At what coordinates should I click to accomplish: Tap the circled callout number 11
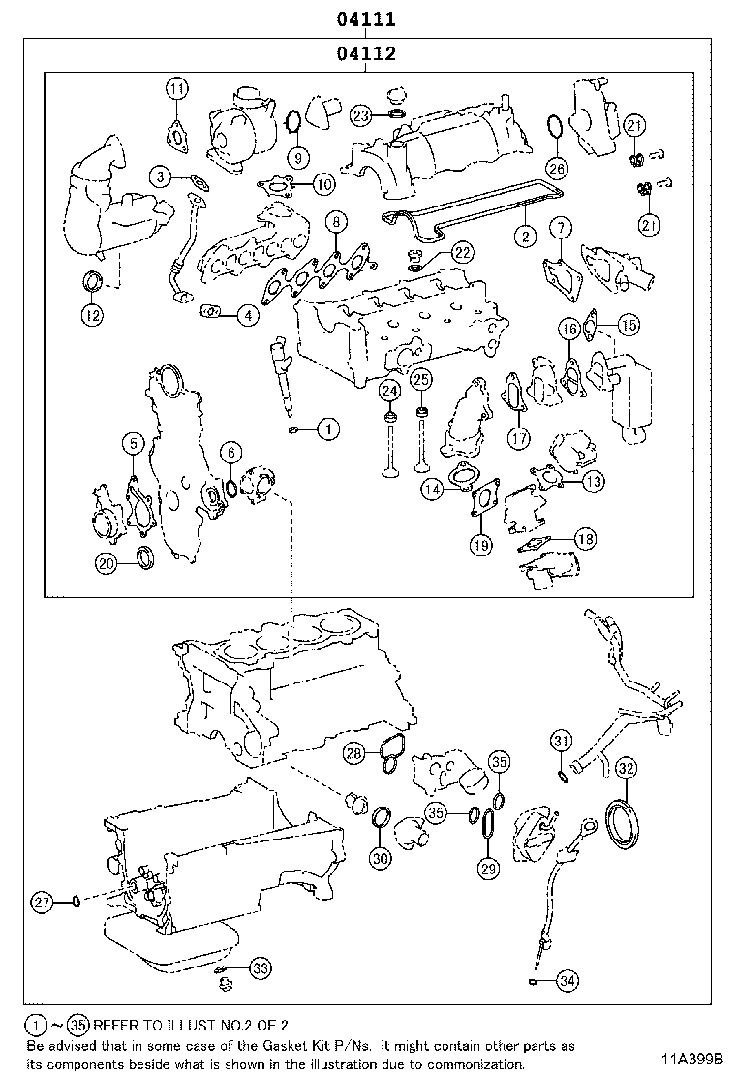coord(175,90)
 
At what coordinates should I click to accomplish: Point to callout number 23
coord(360,115)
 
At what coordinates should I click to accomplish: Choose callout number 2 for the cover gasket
coord(525,235)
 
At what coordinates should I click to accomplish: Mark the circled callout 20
coord(107,562)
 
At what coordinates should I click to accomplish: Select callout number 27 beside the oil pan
coord(41,903)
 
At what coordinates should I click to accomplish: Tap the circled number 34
coord(567,982)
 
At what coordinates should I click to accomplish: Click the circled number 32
coord(627,770)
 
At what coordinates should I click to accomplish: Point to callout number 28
coord(355,752)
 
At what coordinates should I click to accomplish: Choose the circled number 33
coord(260,967)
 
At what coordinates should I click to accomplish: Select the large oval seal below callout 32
coord(624,823)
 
